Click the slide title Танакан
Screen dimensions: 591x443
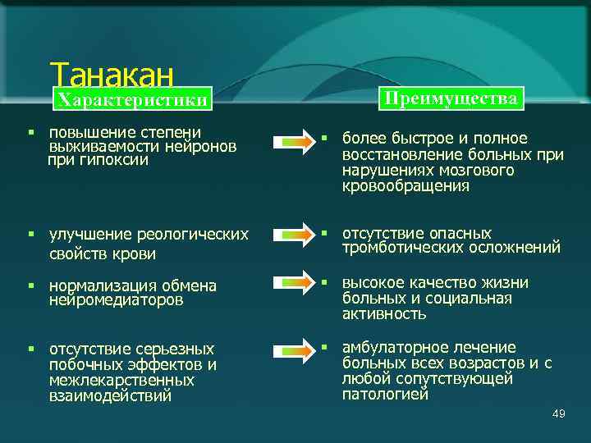click(112, 75)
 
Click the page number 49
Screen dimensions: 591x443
click(559, 413)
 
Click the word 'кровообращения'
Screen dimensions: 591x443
click(406, 186)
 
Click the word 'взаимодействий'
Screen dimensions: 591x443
click(110, 396)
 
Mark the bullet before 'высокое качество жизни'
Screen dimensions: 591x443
click(325, 282)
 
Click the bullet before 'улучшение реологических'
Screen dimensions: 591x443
click(30, 235)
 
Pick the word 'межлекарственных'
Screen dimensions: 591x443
click(121, 381)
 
